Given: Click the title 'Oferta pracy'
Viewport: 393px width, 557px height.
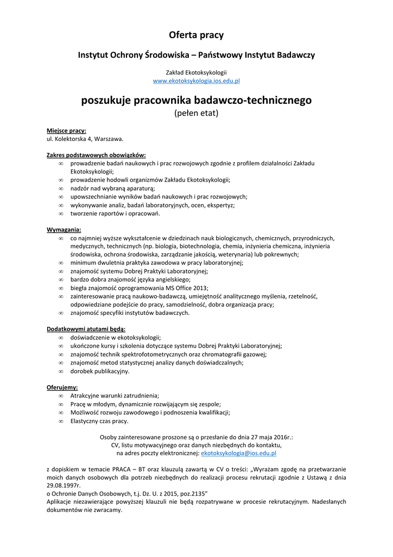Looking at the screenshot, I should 196,35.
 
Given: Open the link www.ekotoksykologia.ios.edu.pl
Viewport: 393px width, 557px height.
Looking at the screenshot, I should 196,81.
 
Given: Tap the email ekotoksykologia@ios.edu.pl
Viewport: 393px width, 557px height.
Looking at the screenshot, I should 239,453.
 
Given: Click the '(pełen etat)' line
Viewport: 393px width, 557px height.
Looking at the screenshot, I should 196,113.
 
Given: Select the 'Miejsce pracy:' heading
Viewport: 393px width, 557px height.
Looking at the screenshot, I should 66,131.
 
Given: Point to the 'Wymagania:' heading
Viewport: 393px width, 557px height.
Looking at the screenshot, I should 64,230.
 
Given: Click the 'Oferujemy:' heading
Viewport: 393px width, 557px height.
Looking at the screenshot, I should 62,387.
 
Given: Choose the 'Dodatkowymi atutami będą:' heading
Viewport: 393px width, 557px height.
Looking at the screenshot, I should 86,329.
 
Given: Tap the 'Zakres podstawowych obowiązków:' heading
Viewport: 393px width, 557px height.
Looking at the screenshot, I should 96,155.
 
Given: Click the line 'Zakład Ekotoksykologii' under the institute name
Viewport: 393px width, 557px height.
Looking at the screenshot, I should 196,72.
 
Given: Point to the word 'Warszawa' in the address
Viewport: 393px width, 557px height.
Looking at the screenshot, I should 109,139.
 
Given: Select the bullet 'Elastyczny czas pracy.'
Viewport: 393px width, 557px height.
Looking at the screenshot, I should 99,421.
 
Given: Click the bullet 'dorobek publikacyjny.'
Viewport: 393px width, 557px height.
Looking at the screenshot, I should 100,371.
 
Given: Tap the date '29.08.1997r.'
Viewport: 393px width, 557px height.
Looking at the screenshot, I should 64,485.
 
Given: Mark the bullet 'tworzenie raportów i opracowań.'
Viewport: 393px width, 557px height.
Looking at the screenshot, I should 115,213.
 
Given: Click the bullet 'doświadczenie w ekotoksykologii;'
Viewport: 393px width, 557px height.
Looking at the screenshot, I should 116,337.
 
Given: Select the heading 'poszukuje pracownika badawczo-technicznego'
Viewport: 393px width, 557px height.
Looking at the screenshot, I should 196,101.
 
